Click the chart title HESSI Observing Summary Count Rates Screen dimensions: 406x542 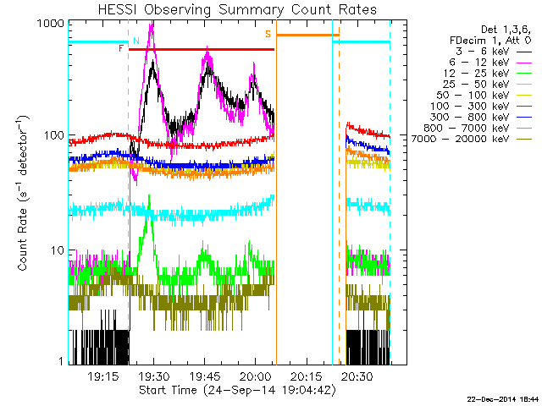point(229,9)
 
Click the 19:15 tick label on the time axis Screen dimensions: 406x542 point(102,376)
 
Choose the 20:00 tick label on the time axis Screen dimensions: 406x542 point(255,376)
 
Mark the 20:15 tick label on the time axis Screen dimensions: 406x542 point(306,376)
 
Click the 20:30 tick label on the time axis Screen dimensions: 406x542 point(357,376)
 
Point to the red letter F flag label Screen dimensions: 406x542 point(122,49)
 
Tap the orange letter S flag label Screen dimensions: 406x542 point(268,34)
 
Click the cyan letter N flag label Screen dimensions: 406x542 point(135,40)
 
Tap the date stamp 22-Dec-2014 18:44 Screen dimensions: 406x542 point(503,398)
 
